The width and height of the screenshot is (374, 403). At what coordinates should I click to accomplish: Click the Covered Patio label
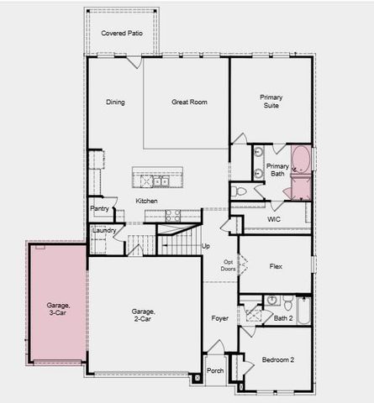[x=119, y=33]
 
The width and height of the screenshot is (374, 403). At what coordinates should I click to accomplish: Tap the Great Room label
[x=189, y=102]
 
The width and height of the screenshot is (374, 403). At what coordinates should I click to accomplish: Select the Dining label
[x=115, y=102]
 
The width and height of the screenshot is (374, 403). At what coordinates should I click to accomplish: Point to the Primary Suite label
[x=271, y=102]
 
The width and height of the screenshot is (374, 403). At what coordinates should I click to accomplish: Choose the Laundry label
[x=104, y=230]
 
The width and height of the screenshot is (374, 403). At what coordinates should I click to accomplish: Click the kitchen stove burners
[x=174, y=214]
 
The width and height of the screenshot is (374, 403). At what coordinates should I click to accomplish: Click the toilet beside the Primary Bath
[x=239, y=191]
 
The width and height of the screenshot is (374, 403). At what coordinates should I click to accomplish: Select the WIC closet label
[x=273, y=219]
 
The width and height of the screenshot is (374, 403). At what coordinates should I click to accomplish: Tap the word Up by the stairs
[x=206, y=246]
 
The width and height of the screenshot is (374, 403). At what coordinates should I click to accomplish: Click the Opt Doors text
[x=228, y=266]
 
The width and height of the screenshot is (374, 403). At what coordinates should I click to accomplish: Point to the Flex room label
[x=275, y=265]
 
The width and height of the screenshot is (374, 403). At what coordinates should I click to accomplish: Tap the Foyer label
[x=220, y=318]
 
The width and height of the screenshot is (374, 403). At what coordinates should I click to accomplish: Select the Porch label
[x=215, y=369]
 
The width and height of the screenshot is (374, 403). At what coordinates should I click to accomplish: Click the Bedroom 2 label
[x=277, y=359]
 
